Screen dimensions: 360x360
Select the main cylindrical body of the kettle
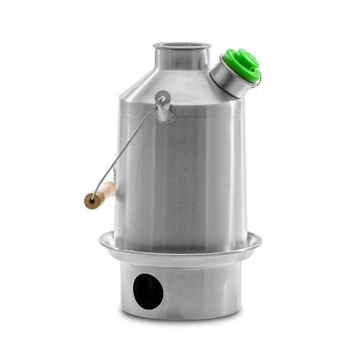tap(186, 168)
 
